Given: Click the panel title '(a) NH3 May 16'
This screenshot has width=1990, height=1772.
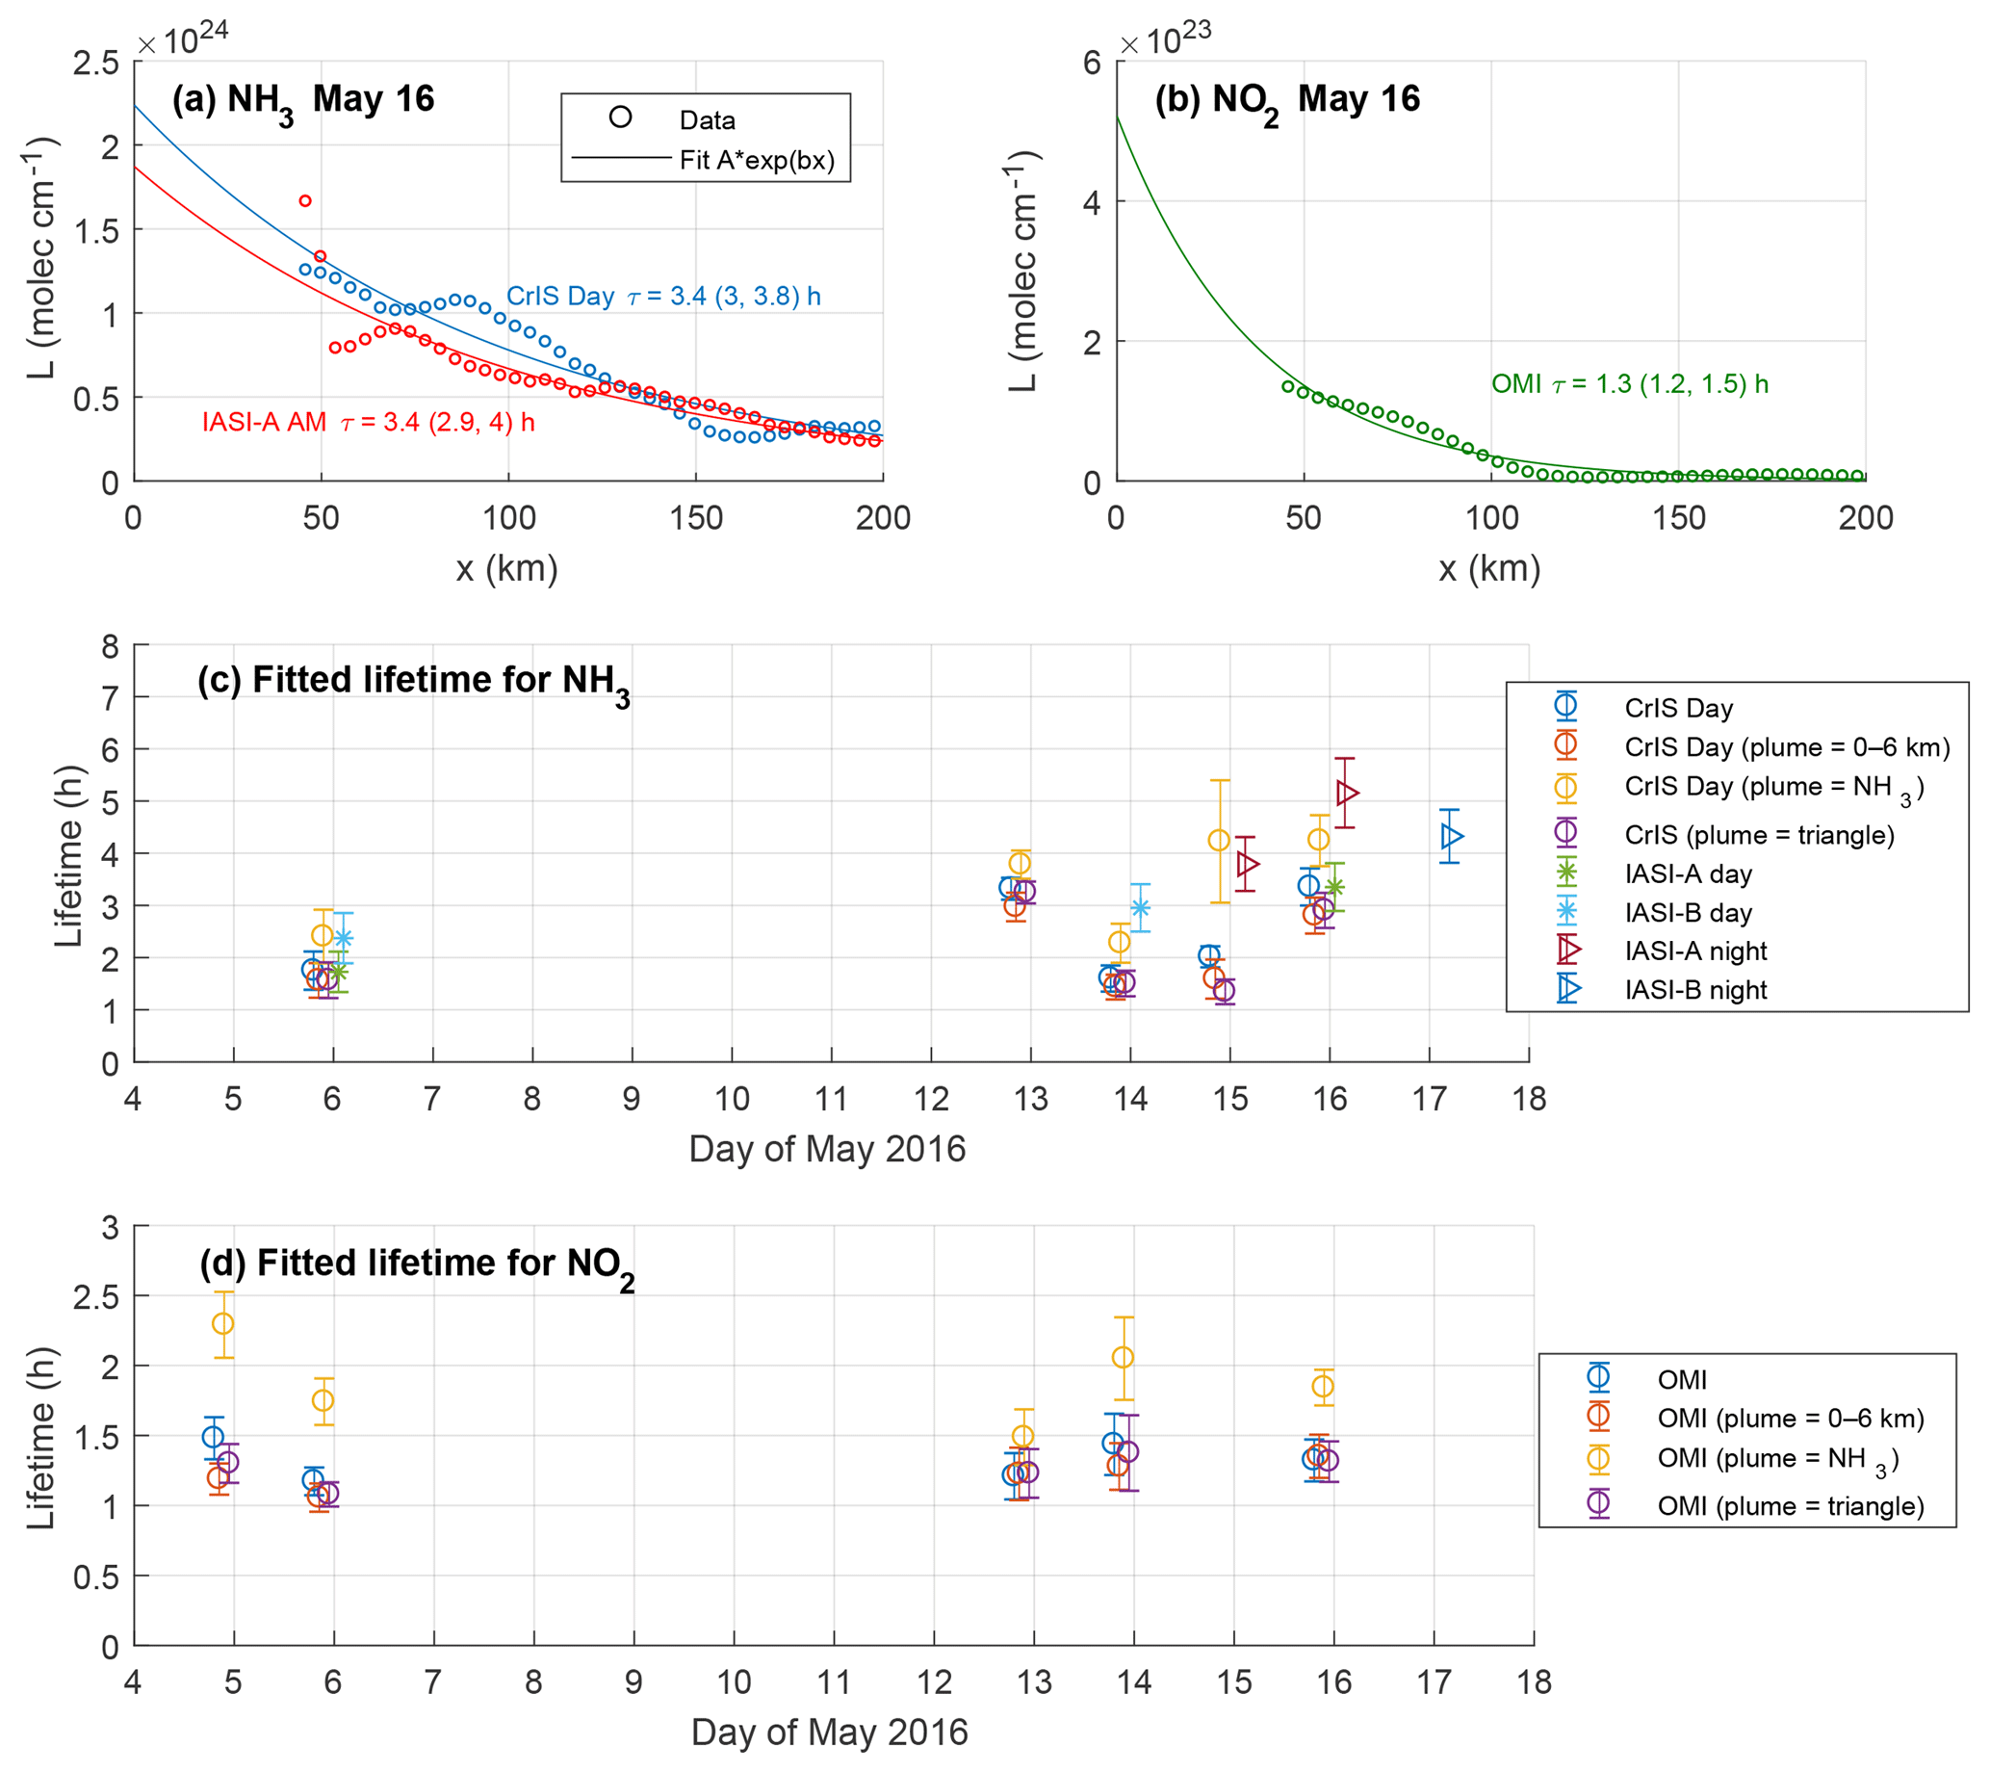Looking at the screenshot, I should point(302,100).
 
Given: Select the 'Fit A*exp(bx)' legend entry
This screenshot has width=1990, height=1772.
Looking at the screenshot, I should point(757,160).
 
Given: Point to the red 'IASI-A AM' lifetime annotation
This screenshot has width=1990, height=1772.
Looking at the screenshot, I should point(368,422).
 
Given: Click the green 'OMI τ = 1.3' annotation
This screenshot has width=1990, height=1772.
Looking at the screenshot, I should point(1629,383).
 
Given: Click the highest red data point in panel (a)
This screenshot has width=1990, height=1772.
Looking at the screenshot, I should point(305,200).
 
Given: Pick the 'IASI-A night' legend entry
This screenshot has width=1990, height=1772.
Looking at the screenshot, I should point(1695,951).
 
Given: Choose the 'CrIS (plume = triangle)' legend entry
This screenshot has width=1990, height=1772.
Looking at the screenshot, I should point(1758,834).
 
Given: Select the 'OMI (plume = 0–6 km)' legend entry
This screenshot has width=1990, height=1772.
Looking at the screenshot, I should point(1790,1418).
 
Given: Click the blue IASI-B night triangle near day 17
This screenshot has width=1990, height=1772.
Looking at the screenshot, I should point(1452,835).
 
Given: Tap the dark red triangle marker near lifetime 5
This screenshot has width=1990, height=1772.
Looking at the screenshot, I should point(1347,793).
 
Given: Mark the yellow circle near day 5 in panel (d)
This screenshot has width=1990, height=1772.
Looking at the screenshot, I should point(223,1323).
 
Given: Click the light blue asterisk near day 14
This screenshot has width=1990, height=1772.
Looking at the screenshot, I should point(1140,907).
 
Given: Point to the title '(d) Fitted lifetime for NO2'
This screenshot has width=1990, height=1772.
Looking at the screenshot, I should point(417,1264).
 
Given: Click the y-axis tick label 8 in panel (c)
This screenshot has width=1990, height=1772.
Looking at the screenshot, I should point(110,645).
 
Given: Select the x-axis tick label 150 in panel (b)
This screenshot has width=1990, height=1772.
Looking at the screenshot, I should point(1678,517).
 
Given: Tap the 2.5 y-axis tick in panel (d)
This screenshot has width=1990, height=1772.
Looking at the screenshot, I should point(96,1297).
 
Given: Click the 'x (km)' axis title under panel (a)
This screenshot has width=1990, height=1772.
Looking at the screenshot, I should point(506,567).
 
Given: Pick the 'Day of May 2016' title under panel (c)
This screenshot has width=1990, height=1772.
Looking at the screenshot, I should point(827,1149).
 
